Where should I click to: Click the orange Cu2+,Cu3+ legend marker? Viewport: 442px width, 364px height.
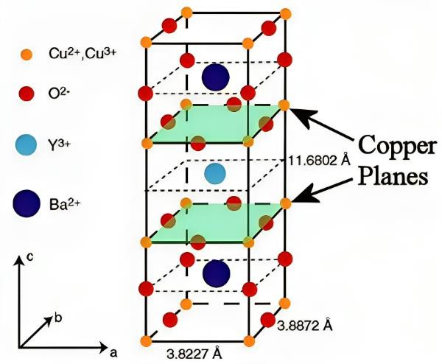click(x=26, y=54)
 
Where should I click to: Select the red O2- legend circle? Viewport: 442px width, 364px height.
click(x=27, y=94)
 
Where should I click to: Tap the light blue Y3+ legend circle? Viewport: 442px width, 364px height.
click(x=27, y=145)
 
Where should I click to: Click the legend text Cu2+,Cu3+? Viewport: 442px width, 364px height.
click(x=74, y=53)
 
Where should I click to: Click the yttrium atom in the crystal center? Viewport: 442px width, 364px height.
click(x=214, y=174)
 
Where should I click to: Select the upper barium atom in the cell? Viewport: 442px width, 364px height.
click(x=214, y=76)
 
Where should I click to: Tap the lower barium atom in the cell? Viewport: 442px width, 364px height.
click(x=215, y=273)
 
